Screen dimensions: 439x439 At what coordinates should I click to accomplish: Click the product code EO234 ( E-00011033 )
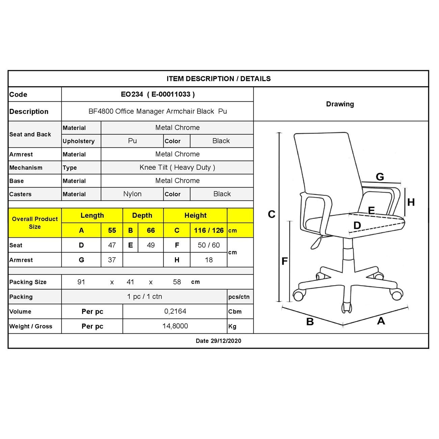(158, 95)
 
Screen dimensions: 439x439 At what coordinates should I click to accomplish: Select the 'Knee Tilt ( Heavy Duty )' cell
(177, 167)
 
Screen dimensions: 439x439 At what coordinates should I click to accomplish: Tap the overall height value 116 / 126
(209, 230)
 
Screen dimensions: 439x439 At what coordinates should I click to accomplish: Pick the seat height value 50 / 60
(209, 245)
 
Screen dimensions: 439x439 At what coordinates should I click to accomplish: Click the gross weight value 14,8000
(175, 326)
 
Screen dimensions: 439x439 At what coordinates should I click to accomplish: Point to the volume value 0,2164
(175, 311)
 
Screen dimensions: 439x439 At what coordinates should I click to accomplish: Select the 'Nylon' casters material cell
(132, 194)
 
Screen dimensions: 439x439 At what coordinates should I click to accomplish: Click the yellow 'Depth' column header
(142, 215)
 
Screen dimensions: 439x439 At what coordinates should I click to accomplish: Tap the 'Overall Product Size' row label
(35, 223)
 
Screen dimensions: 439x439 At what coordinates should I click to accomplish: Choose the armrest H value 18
(209, 260)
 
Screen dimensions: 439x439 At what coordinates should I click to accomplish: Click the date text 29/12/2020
(226, 341)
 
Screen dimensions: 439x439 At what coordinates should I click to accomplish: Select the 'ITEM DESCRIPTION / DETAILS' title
(218, 79)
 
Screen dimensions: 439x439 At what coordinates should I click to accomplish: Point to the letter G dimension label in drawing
(380, 177)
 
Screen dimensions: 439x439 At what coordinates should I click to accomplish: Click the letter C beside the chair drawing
(272, 214)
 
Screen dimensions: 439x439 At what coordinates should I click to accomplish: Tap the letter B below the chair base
(310, 322)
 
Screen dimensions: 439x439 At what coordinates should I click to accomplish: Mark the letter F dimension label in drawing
(285, 261)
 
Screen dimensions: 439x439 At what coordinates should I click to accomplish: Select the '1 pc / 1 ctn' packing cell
(145, 297)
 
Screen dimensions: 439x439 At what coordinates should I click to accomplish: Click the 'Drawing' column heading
(340, 104)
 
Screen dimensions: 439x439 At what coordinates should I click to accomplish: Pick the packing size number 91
(81, 282)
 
